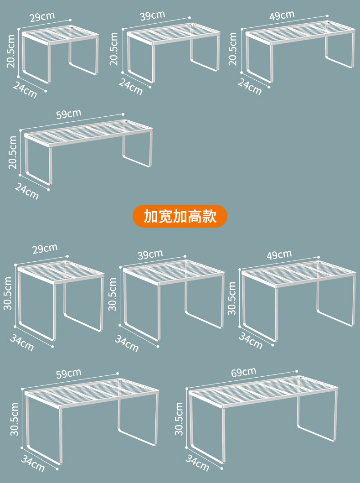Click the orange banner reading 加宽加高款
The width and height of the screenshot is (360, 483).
tap(180, 216)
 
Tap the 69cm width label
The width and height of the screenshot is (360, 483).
tap(243, 373)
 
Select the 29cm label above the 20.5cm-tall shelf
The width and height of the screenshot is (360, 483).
tap(42, 17)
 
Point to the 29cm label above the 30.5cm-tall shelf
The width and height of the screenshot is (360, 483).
tap(45, 249)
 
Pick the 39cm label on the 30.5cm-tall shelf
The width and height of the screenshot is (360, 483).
tap(150, 254)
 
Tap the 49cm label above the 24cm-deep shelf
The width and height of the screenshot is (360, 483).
tap(282, 15)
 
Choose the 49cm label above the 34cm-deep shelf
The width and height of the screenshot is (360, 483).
tap(279, 254)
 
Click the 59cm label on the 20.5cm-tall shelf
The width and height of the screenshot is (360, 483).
tap(68, 114)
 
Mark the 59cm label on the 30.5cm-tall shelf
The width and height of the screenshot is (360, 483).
tap(68, 374)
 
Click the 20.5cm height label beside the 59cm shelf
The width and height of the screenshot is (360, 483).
tap(12, 152)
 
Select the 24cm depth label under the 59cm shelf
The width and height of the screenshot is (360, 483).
tap(26, 191)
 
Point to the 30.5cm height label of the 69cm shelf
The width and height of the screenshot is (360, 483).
tap(179, 419)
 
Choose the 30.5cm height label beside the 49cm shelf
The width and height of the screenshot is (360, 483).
tap(232, 298)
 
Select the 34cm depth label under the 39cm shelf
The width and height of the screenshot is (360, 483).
tap(127, 343)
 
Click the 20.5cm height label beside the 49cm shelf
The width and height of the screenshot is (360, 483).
tap(233, 48)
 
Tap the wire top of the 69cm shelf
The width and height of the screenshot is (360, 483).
tap(263, 390)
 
